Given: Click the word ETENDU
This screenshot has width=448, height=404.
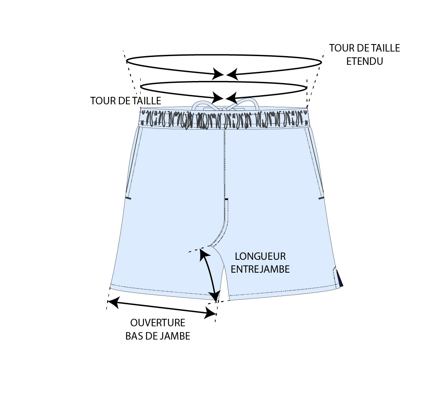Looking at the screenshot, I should pyautogui.click(x=365, y=61).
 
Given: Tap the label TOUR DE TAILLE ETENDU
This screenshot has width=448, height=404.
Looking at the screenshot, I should pyautogui.click(x=365, y=54).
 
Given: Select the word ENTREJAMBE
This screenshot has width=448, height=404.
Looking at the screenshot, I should pyautogui.click(x=260, y=269).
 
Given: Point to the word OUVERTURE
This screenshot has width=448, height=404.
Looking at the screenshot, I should pyautogui.click(x=158, y=323).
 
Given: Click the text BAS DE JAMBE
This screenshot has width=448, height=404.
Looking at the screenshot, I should pyautogui.click(x=158, y=336).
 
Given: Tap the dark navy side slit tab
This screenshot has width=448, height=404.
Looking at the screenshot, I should pyautogui.click(x=340, y=278).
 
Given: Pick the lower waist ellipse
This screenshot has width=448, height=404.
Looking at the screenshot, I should pyautogui.click(x=224, y=82).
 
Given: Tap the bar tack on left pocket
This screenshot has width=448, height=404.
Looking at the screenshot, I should pyautogui.click(x=128, y=198).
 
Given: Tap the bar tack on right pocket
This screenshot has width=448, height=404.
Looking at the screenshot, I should pyautogui.click(x=321, y=198).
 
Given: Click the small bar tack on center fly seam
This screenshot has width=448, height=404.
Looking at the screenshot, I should pyautogui.click(x=226, y=200).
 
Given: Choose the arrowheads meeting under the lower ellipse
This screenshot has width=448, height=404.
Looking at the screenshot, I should pyautogui.click(x=224, y=98).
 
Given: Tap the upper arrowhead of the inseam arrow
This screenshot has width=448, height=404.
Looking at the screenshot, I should pyautogui.click(x=202, y=254).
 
